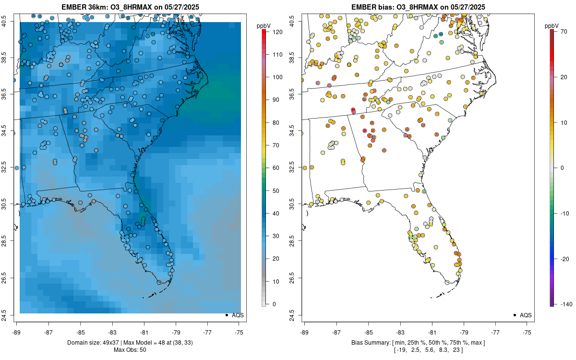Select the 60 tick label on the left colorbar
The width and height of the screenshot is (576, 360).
pos(276,168)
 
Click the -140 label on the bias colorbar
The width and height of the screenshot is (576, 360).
pos(566,304)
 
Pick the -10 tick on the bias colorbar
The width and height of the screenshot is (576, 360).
pos(566,213)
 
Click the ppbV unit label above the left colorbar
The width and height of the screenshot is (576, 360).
pos(264,25)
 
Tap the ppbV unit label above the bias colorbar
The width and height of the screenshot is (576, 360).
pos(552,25)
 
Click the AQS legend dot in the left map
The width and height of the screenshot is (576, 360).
pos(226,315)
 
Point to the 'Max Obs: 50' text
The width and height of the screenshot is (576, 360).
pos(130,349)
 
